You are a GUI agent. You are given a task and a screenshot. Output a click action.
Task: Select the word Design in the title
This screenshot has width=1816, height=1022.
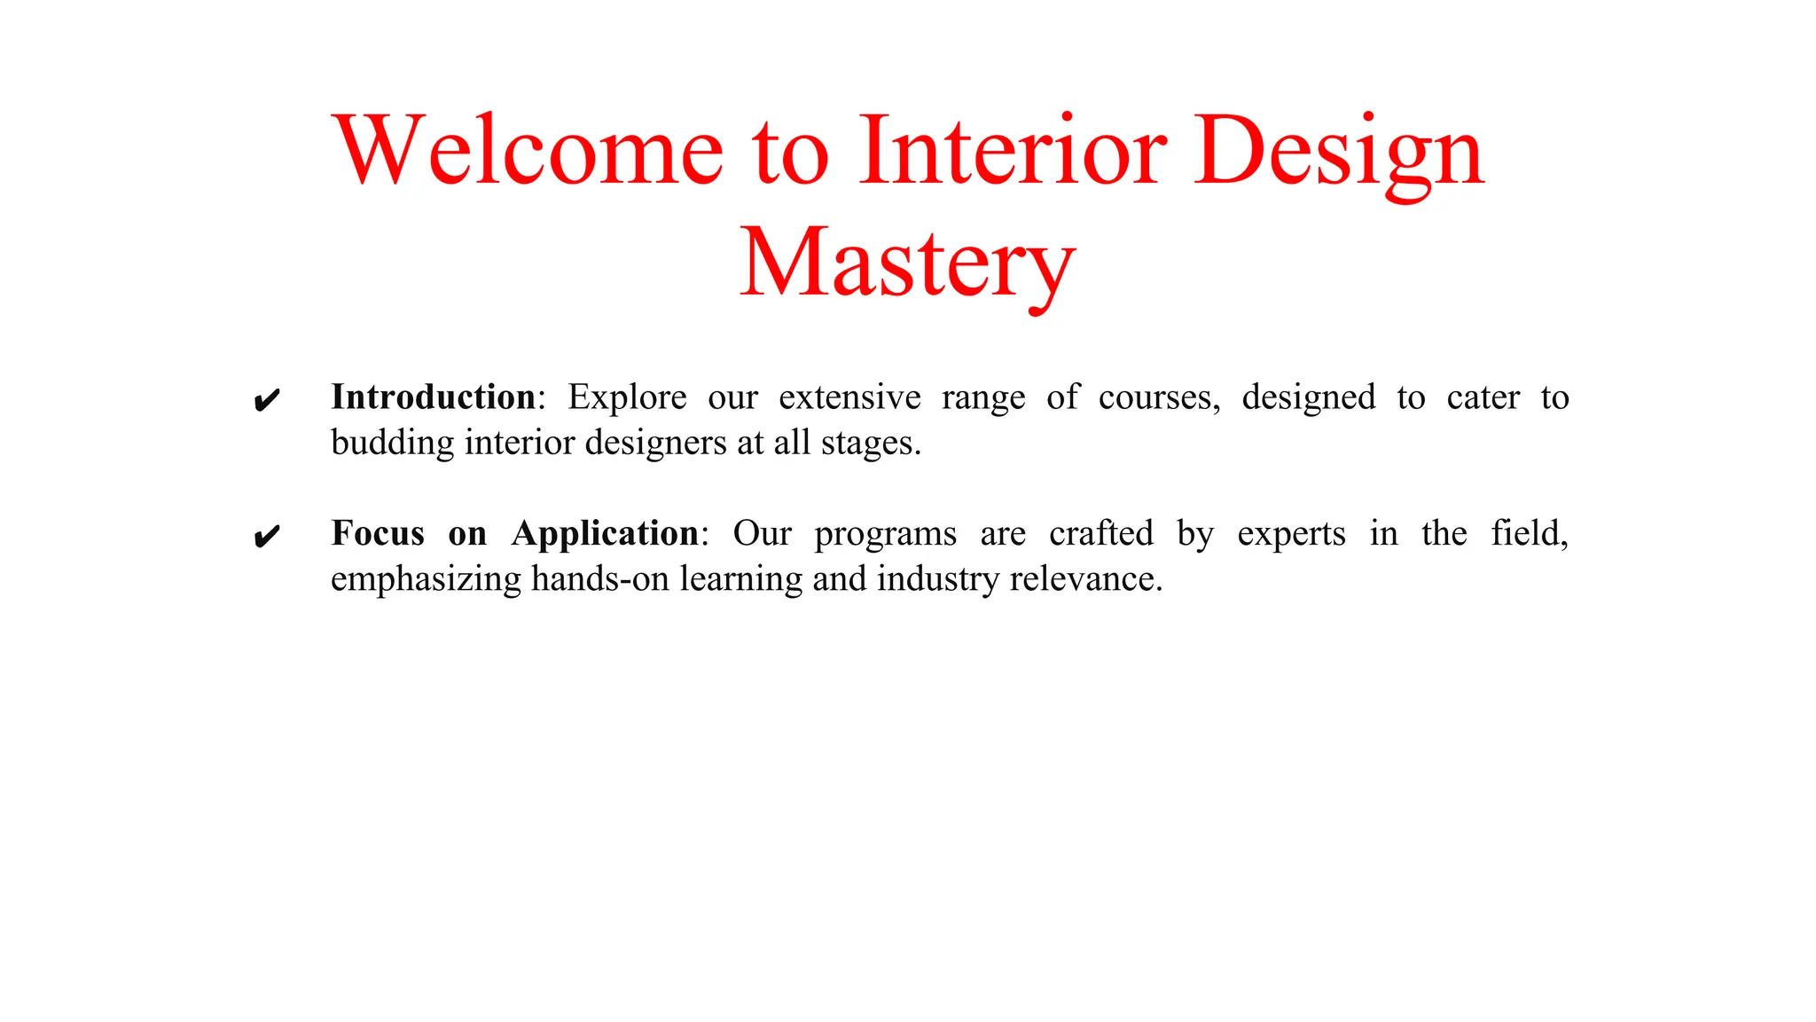pos(1339,153)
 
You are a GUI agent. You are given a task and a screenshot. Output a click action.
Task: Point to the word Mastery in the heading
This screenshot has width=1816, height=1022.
pos(908,264)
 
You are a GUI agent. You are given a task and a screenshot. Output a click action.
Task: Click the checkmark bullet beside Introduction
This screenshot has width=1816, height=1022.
pos(267,401)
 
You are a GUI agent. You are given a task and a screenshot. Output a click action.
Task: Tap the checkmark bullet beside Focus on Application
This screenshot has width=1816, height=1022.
pos(267,537)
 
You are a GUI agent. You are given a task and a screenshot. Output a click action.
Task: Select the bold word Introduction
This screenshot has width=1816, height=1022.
pos(434,397)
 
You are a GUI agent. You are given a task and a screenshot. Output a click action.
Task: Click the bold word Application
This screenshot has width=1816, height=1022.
pos(606,534)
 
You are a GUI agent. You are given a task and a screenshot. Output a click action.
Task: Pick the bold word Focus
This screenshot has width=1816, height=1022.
pos(378,533)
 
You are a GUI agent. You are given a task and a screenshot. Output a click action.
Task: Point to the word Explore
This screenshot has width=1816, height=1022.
pos(627,398)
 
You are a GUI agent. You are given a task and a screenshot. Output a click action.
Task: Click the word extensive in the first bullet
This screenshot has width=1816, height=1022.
pos(849,397)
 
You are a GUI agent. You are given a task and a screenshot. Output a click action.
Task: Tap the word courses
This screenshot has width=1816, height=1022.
pos(1158,398)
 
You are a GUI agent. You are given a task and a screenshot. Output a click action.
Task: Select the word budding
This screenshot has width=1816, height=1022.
pos(392,443)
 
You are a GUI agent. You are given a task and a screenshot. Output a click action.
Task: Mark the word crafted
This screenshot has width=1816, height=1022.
pos(1100,533)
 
